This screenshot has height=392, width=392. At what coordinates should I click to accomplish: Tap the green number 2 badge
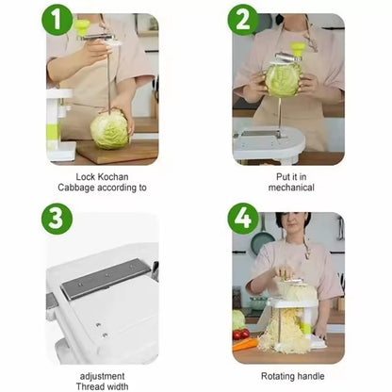(243, 19)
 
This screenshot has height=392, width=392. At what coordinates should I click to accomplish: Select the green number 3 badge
(57, 219)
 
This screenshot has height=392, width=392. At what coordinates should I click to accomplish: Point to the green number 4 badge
(243, 219)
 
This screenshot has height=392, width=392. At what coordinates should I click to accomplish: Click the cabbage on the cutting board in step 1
(109, 129)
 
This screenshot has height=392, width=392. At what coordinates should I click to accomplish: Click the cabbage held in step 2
(283, 79)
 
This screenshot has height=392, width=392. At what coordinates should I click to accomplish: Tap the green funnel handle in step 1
(82, 26)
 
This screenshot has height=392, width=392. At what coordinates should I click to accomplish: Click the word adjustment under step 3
(102, 375)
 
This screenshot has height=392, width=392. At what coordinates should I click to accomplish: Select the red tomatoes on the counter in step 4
(242, 334)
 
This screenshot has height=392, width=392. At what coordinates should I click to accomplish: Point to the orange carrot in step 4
(244, 345)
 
